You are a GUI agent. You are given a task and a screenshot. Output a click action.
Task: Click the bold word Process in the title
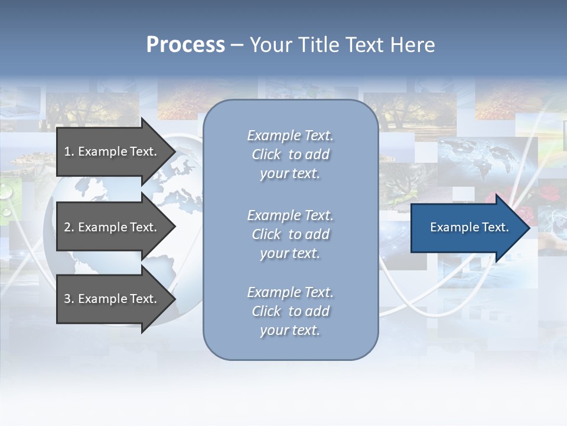click(x=185, y=44)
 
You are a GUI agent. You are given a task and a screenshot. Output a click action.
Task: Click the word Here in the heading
click(x=412, y=44)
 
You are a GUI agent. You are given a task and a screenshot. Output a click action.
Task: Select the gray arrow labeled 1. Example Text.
click(x=112, y=151)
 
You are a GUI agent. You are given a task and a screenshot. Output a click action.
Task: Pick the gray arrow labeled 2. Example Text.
click(x=112, y=227)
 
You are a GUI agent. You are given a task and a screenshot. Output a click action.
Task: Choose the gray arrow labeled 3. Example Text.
click(x=112, y=299)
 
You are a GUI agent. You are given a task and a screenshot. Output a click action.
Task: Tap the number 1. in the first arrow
click(x=69, y=151)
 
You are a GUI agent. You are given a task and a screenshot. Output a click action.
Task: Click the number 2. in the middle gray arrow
click(x=69, y=227)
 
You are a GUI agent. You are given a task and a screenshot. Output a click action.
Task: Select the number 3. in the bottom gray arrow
click(x=69, y=299)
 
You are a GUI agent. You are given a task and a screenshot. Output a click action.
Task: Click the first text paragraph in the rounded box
click(x=291, y=154)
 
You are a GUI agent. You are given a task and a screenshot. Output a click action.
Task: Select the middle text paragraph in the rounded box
click(x=291, y=234)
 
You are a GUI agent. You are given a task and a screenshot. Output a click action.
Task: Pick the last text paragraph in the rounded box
click(x=291, y=311)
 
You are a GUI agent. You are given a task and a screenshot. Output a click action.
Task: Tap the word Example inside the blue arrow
click(x=451, y=227)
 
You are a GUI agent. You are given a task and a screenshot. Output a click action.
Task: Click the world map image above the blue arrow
click(x=472, y=157)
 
